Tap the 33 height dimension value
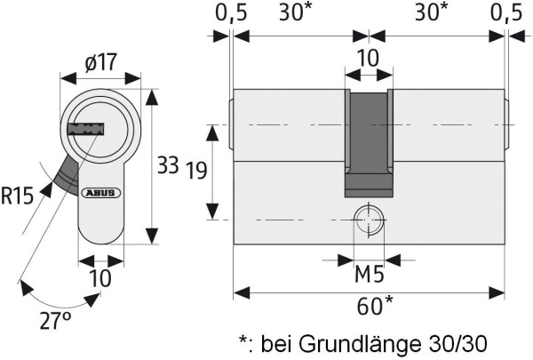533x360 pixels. point(168,165)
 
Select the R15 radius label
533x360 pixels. point(18,196)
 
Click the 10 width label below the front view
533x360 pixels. point(100,278)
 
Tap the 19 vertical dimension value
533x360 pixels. point(195,172)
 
